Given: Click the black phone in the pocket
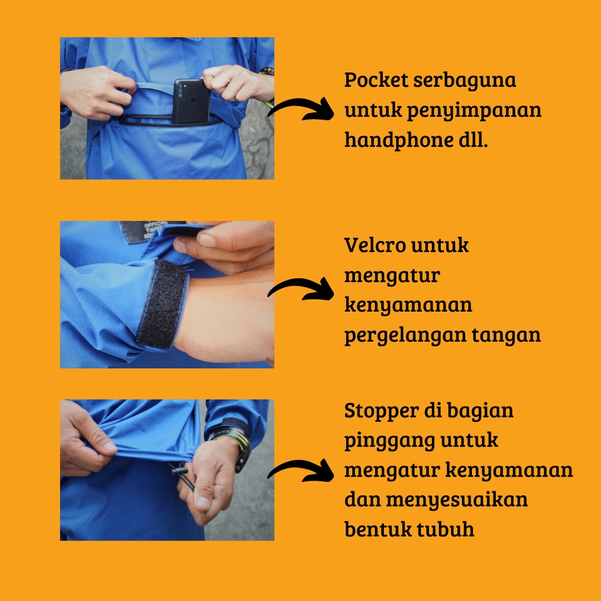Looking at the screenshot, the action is point(191,101).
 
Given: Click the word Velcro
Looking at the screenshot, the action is point(375,245).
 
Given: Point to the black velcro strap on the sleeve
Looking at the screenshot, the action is point(163,305).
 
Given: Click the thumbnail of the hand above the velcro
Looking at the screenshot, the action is point(207,240).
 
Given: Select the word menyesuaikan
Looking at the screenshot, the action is point(457,500).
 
